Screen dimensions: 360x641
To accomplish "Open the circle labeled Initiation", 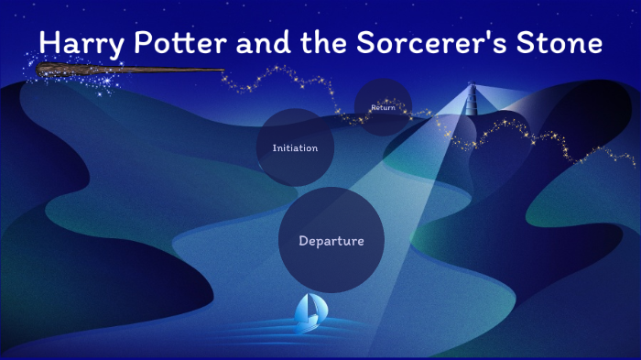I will tap(295, 147).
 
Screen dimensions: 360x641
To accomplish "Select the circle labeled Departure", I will tap(331, 241).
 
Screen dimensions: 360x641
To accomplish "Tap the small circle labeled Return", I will tap(383, 108).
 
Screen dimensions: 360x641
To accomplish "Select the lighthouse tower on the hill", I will tap(471, 103).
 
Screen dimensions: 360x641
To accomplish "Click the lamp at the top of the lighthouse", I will tap(472, 88).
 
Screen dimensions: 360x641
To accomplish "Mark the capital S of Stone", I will tap(530, 43).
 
